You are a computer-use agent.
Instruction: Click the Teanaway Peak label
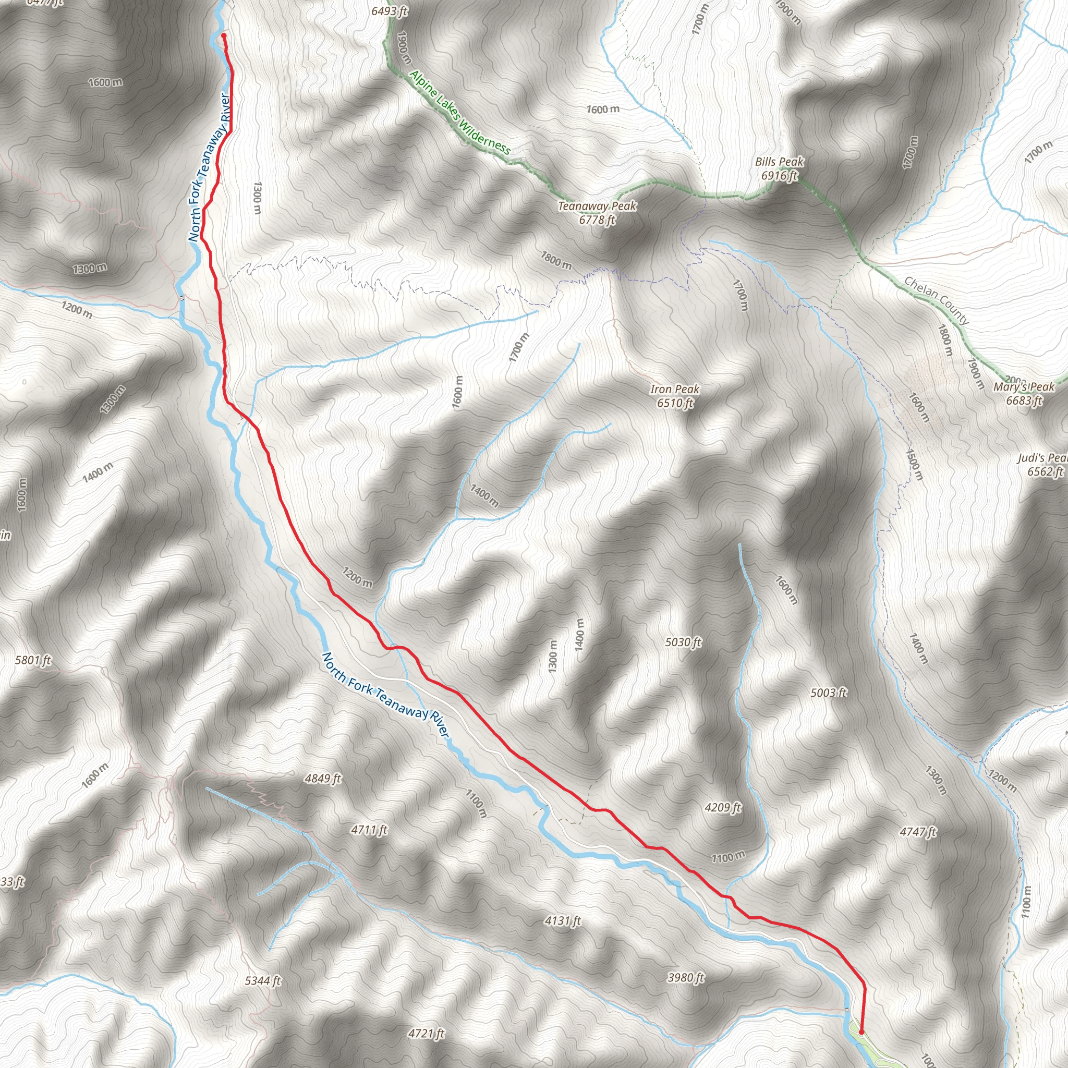597,213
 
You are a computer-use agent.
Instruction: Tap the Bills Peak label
780,168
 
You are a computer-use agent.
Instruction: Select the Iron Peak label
675,396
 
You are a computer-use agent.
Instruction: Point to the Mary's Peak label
1024,394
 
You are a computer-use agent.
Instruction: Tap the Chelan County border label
937,300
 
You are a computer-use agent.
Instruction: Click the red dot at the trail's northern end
224,35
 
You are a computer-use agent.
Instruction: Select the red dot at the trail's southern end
861,1032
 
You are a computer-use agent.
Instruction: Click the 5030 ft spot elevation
683,642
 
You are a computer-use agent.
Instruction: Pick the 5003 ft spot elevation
829,693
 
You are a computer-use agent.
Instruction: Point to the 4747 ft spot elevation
918,831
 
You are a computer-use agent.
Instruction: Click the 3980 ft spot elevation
686,977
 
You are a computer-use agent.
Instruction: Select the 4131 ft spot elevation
563,920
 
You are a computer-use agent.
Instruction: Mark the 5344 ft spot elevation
263,981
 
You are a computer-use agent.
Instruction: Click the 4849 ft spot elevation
323,779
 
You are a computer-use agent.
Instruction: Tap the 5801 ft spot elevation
33,660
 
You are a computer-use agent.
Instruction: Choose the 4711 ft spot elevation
369,830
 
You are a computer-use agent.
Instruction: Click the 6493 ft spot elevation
390,11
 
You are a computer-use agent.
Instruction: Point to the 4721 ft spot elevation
426,1033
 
